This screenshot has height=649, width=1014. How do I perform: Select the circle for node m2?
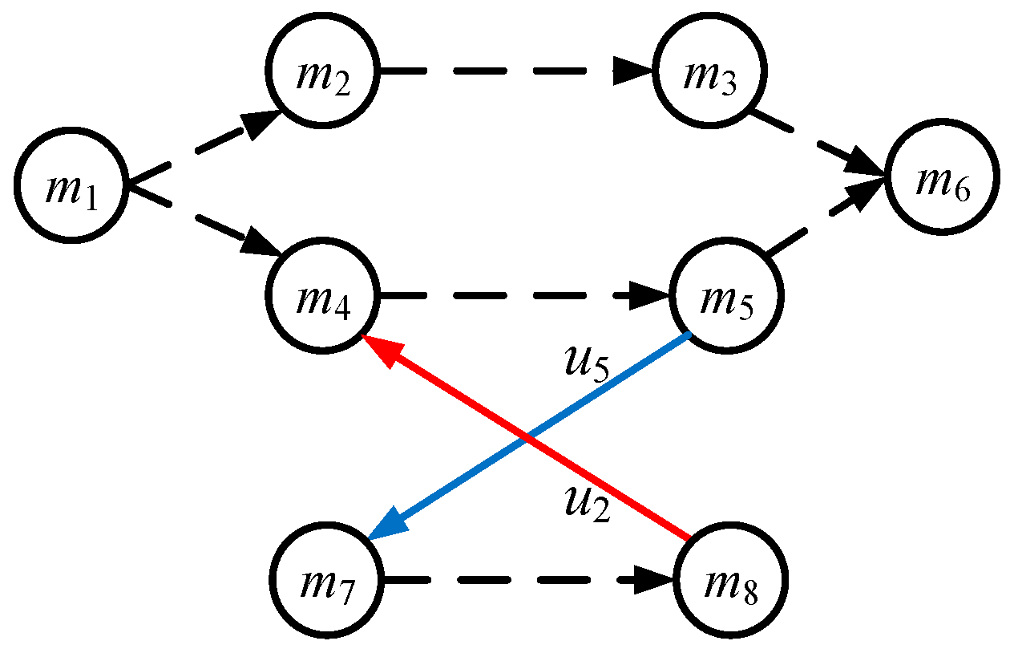[x=325, y=71]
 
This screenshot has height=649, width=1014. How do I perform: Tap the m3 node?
[x=709, y=71]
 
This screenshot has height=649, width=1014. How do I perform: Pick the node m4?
[x=325, y=296]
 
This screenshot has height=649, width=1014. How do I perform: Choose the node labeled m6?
[x=942, y=177]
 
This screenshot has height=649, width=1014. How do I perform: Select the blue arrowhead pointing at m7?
[x=386, y=525]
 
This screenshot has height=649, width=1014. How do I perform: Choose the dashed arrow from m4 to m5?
[x=521, y=296]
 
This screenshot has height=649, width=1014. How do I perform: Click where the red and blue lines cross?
[x=527, y=437]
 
